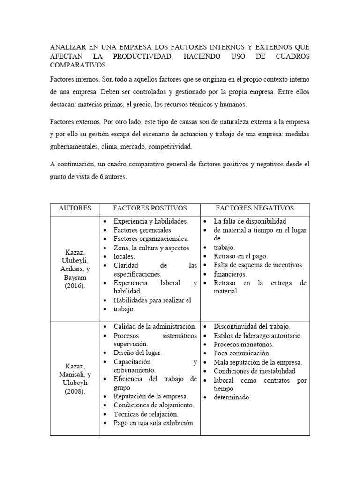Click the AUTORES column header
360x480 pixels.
click(75, 208)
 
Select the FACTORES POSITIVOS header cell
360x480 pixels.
click(150, 208)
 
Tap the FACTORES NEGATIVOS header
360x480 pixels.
click(255, 208)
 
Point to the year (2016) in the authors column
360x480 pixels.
click(75, 286)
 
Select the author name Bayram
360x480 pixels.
click(75, 278)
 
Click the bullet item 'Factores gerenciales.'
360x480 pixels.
click(143, 230)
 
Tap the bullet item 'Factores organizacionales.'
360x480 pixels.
click(150, 239)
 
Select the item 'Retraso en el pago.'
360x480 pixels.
click(240, 256)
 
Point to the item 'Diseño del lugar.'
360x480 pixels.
click(138, 352)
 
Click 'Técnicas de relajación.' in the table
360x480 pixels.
click(146, 414)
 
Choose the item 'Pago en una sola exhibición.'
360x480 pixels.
click(154, 423)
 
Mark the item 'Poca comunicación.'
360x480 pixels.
click(242, 353)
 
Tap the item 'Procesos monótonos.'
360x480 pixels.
click(243, 344)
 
